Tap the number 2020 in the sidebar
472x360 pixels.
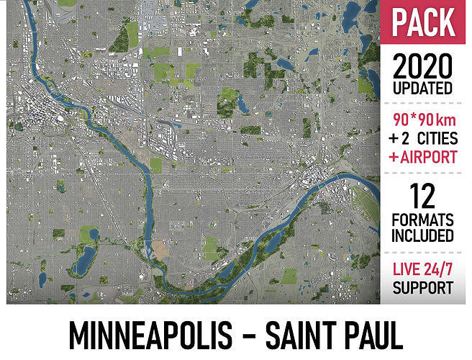[423, 68]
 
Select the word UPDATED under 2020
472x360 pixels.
[423, 89]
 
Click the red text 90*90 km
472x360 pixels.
[423, 118]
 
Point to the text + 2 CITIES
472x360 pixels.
[423, 138]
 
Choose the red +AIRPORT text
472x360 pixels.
[423, 157]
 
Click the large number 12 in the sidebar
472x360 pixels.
[423, 194]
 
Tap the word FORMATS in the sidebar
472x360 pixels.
[423, 219]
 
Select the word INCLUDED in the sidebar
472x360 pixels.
[423, 235]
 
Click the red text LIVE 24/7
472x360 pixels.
[423, 271]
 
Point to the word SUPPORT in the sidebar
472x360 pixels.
[423, 289]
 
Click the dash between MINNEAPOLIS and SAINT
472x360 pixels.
[246, 336]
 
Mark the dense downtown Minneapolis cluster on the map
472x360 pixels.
[36, 115]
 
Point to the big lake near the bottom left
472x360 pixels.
[84, 256]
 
